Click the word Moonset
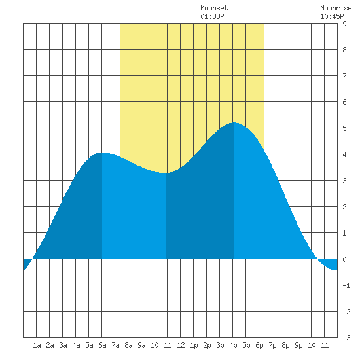point(214,8)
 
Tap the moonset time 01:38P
point(212,16)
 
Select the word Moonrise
point(336,8)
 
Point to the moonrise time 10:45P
point(332,16)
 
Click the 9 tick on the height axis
point(344,24)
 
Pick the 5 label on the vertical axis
point(344,128)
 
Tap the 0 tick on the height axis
point(344,259)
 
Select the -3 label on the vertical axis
point(346,338)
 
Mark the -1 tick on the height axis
point(346,285)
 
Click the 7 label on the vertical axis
point(344,76)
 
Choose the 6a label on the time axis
point(102,345)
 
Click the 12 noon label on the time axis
point(181,345)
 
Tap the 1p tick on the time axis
point(194,345)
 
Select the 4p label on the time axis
point(233,345)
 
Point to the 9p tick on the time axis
point(298,345)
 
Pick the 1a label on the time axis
point(37,345)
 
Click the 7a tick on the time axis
point(115,345)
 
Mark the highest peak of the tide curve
point(234,122)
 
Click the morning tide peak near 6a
point(102,153)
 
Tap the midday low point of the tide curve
point(166,173)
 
